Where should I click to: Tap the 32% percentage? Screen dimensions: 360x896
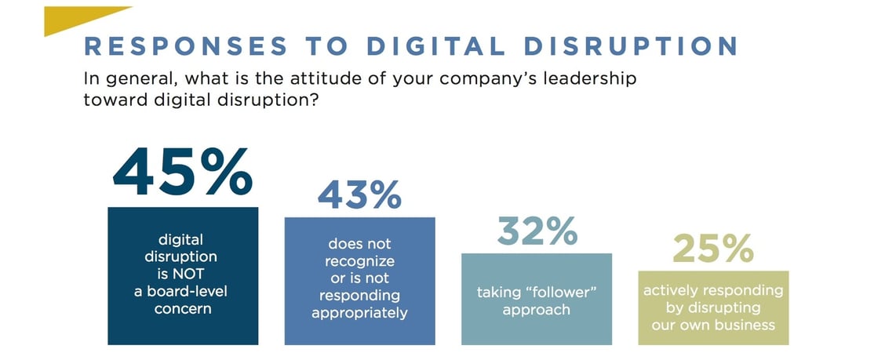[x=536, y=231]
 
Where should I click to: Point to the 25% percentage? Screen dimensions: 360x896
[x=712, y=249]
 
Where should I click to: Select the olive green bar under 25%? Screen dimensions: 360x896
[x=712, y=333]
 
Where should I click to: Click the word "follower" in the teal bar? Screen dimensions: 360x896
[x=560, y=293]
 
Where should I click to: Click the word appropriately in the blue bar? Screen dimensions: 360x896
[x=359, y=312]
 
